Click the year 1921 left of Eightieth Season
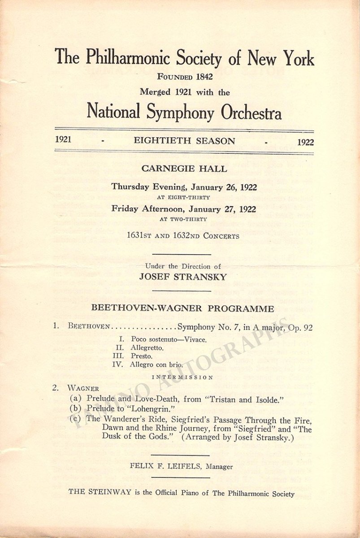[x=63, y=139]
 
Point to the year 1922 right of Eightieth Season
[x=305, y=142]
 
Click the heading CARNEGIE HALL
[x=184, y=169]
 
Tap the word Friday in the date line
[x=126, y=208]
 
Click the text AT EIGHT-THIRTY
[x=184, y=197]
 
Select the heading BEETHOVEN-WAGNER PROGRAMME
[x=182, y=308]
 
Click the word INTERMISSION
[x=182, y=377]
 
